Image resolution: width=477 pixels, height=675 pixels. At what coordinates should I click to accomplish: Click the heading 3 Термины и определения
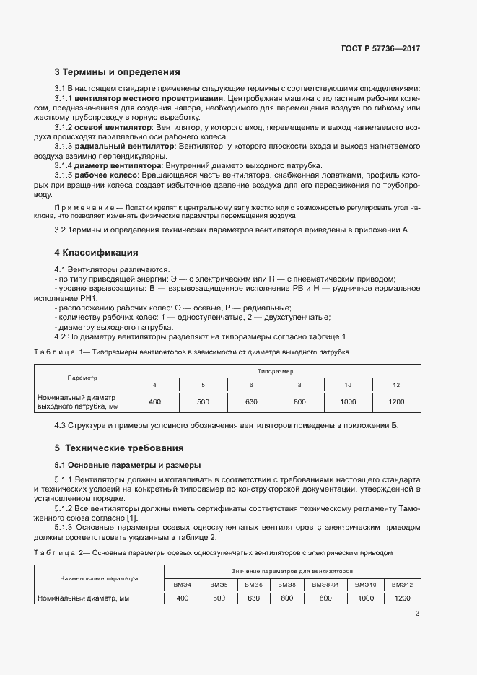tap(117, 72)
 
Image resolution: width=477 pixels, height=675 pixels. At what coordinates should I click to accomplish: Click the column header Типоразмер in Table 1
tap(275, 370)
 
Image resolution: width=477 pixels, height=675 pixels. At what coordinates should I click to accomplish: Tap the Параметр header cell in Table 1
tap(82, 378)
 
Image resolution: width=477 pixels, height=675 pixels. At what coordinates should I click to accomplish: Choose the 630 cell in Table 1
tap(251, 401)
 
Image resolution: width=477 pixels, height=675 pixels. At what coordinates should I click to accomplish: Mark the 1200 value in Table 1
tap(396, 401)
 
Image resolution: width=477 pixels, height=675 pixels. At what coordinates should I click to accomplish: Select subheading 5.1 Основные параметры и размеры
tap(128, 465)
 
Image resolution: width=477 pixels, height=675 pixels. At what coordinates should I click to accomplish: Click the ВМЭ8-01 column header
tap(325, 584)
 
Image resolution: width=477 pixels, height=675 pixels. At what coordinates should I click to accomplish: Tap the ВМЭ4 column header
tap(182, 584)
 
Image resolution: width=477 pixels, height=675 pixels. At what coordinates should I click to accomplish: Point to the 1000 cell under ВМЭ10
tap(366, 598)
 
